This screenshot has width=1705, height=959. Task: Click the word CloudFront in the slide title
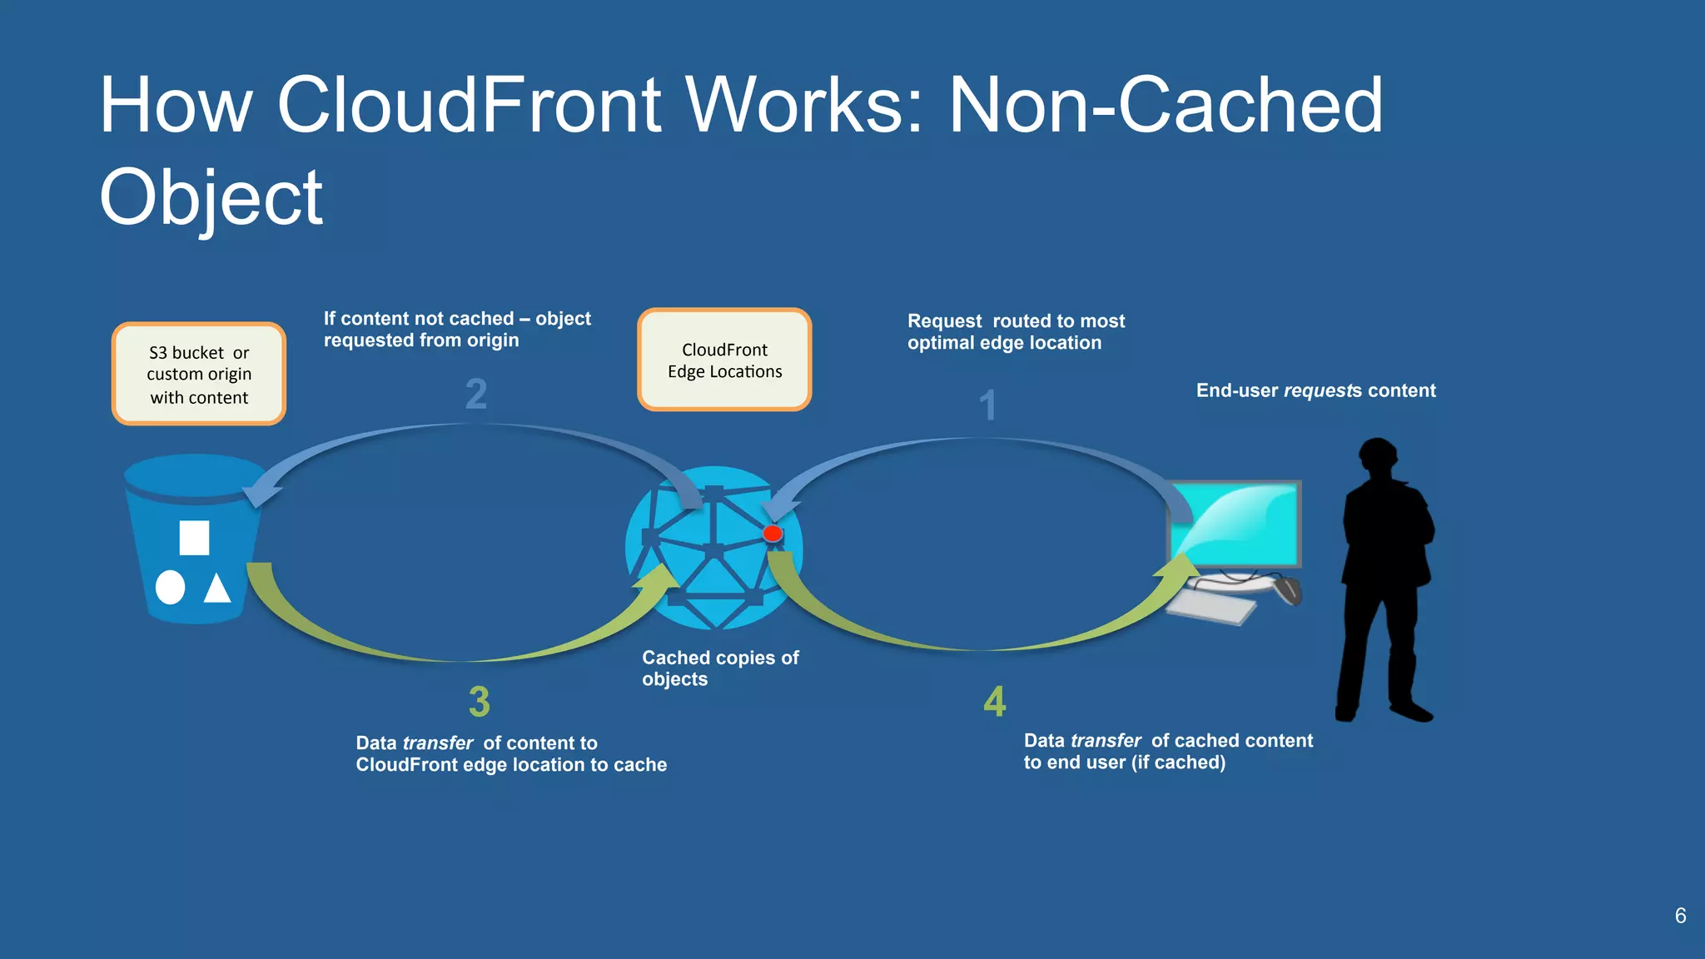[469, 106]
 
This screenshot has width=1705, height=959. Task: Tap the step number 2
[476, 394]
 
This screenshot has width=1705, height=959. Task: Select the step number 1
[987, 405]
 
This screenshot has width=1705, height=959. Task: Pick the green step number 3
[480, 702]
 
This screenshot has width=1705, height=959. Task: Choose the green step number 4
[995, 701]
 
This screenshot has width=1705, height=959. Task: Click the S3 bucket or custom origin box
[199, 375]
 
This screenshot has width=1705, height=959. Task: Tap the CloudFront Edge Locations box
[724, 360]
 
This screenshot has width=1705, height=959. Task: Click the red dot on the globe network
[773, 534]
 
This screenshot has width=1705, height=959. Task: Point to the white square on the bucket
[194, 538]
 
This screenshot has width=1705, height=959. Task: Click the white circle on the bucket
[171, 587]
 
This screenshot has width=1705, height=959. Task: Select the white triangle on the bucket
[217, 589]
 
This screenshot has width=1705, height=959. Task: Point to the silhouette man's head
[1378, 458]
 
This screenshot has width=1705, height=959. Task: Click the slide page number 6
[1680, 916]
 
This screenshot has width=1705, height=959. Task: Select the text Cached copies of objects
[719, 668]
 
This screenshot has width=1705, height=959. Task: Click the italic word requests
[1320, 390]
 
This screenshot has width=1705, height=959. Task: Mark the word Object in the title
[211, 197]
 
